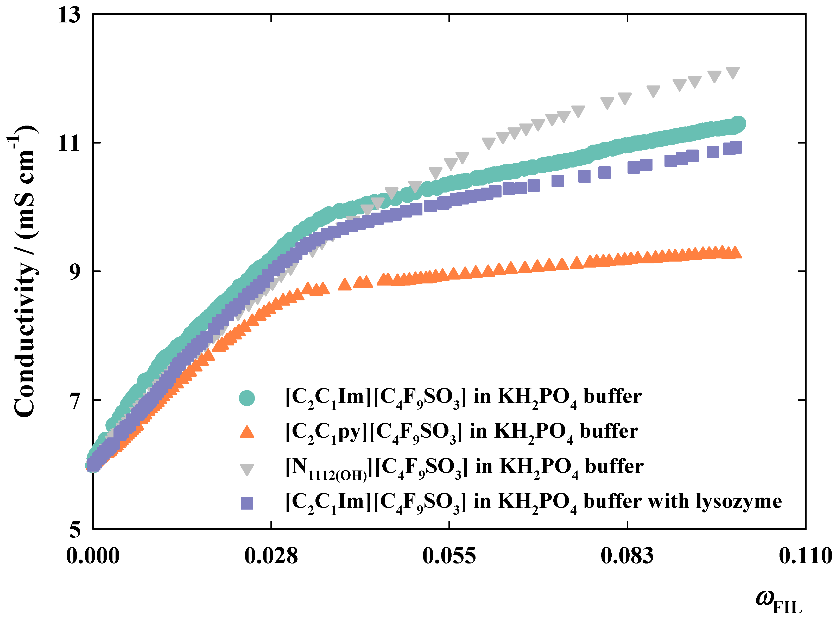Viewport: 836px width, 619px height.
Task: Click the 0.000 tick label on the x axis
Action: tap(93, 556)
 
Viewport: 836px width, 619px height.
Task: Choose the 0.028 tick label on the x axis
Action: tap(271, 556)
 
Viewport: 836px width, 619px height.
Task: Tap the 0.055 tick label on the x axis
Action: tap(449, 556)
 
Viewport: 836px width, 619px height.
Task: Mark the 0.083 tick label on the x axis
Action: tap(628, 556)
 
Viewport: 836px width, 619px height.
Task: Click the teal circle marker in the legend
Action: tap(247, 398)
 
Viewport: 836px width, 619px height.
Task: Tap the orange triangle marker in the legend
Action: tap(247, 432)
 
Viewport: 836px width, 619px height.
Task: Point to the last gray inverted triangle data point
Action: tap(733, 72)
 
